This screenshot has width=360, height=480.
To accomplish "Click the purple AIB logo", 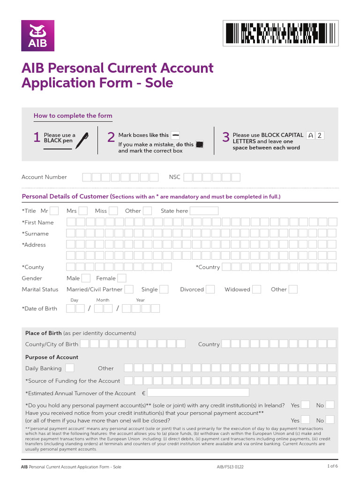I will point(37,36).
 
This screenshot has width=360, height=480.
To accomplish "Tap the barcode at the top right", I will point(280,33).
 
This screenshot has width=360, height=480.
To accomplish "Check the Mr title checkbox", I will point(54,211).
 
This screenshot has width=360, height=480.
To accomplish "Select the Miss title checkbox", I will point(113,211).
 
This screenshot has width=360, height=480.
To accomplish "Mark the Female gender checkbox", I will point(122,278).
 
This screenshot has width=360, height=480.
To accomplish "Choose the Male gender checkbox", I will point(86,278).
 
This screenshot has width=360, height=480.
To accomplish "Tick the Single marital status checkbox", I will point(164,290).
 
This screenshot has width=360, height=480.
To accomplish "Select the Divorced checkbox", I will point(210,290).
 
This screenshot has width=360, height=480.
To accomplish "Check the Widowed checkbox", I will point(256,290).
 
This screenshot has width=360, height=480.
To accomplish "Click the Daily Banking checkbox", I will point(69,368).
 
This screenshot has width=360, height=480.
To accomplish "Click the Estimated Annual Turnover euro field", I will point(198,393).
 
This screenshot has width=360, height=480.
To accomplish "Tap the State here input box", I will point(204,211).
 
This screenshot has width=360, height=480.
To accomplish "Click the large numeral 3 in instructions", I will point(225,137).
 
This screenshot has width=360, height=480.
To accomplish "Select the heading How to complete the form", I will point(73,116).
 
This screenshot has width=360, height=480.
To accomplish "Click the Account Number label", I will point(44,177).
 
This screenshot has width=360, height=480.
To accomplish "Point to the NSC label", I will point(174,177).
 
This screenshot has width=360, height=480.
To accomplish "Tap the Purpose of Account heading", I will point(52,357).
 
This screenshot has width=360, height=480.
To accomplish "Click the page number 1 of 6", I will point(332,466).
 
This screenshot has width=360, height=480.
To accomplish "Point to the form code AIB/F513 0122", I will point(230,467).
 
